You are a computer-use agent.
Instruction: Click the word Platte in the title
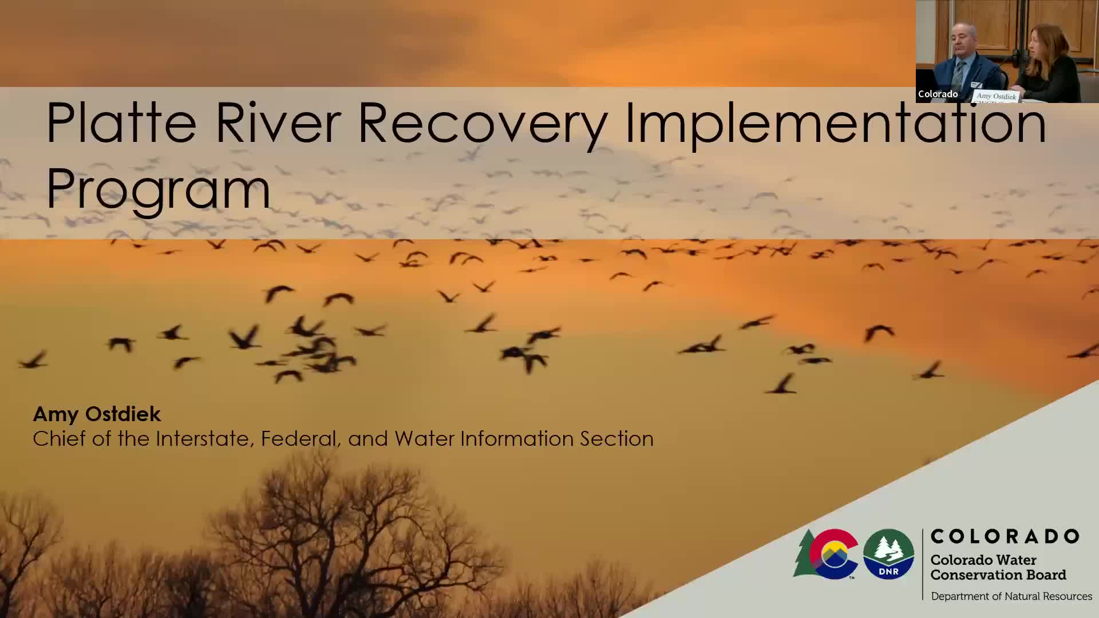pos(121,122)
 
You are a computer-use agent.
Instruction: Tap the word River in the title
pos(278,122)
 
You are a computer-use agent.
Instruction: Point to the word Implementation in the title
pos(836,127)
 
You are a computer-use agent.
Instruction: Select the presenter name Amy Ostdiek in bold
pos(97,414)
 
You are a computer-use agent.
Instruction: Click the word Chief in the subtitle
pos(57,438)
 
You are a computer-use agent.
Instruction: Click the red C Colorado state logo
pos(833,553)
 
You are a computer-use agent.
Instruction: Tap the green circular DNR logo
pos(888,553)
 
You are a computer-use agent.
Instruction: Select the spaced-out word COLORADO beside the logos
pos(1005,536)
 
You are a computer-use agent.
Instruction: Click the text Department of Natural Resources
pos(1011,596)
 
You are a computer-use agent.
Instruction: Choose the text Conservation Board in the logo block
pos(998,575)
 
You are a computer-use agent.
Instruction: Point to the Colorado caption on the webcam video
pos(938,94)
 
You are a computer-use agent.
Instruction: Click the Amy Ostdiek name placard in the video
pos(997,97)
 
